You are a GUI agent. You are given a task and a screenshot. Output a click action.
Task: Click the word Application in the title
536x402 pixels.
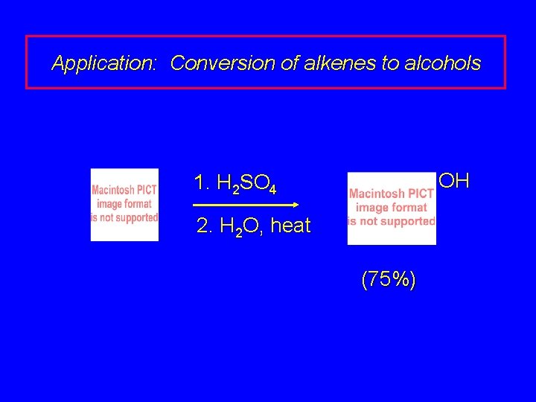point(103,63)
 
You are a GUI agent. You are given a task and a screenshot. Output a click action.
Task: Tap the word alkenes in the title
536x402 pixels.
point(339,63)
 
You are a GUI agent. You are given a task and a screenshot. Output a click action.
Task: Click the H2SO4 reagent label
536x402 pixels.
point(245,183)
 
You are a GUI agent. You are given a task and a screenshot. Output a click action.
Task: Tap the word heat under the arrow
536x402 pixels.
point(290,226)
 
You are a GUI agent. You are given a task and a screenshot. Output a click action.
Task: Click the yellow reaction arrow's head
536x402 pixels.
point(295,204)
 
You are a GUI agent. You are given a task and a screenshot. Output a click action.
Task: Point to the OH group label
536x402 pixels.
point(454,181)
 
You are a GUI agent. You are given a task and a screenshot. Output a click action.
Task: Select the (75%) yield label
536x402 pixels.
point(389,280)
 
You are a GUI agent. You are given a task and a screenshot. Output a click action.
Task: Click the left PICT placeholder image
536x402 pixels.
point(124,205)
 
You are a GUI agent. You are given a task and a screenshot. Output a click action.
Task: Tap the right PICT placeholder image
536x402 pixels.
point(392,208)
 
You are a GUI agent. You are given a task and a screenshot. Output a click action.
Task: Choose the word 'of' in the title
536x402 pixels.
point(290,63)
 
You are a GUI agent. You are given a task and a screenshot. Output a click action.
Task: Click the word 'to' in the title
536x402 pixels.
point(390,63)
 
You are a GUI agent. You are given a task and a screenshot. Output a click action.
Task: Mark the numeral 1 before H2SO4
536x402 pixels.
point(199,182)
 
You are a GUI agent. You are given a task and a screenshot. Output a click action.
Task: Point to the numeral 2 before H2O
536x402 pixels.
point(202,226)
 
